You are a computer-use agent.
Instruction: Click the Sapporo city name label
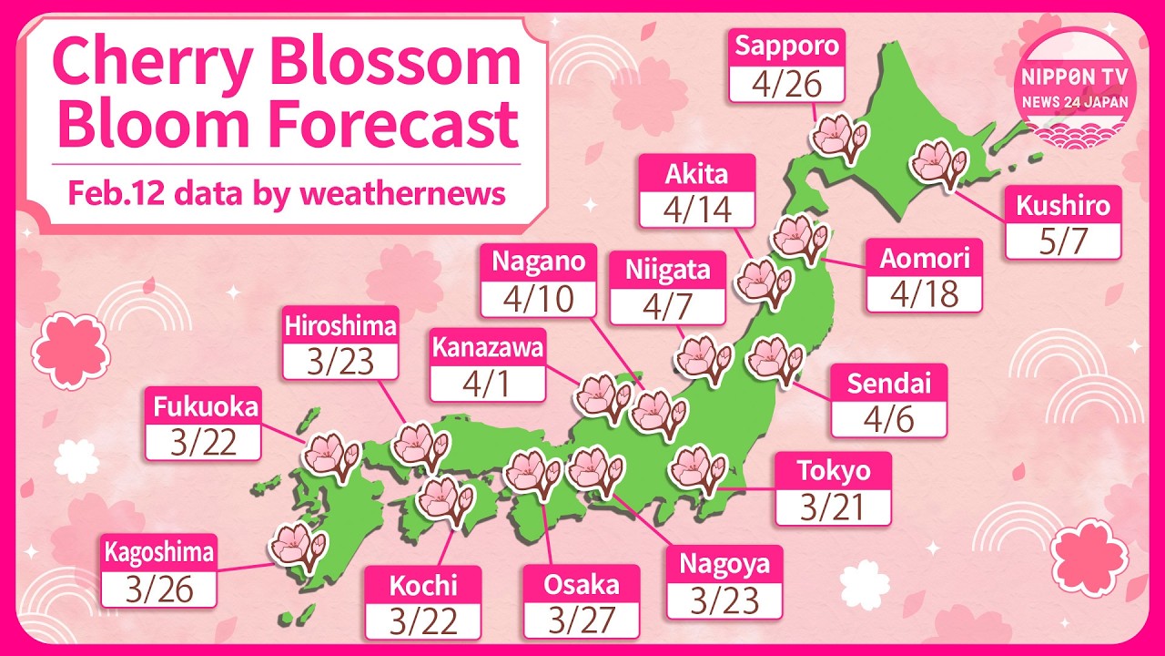tap(788, 46)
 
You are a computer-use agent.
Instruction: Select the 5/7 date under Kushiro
tap(1063, 241)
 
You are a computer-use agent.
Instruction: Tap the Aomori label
tap(924, 259)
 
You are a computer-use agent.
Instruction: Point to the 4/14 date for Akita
tap(697, 210)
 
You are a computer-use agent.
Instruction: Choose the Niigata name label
tap(667, 270)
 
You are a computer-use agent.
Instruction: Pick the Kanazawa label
tap(488, 347)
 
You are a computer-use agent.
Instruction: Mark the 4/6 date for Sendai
tap(888, 420)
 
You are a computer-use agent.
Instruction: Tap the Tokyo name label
tap(833, 471)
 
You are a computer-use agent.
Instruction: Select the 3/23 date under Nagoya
tap(724, 601)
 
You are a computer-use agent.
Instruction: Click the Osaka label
tap(582, 584)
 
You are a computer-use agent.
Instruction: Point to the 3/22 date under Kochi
tap(423, 621)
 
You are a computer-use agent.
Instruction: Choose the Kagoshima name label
tap(159, 552)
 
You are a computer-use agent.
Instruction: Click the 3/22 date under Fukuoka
tap(203, 443)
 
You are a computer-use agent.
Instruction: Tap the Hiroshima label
tap(340, 325)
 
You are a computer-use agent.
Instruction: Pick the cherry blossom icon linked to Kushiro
tap(938, 165)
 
